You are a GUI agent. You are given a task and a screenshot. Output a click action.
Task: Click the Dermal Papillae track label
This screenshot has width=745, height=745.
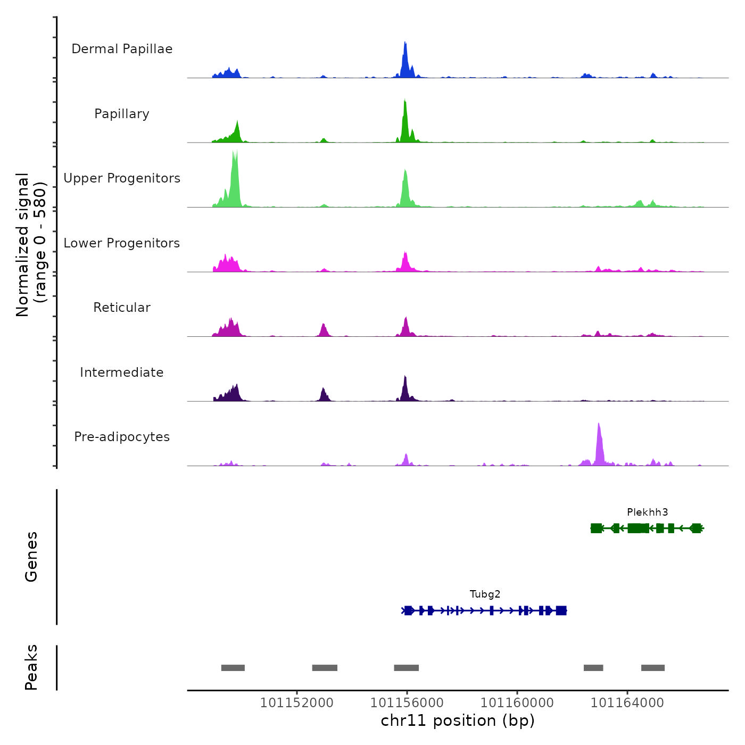122,49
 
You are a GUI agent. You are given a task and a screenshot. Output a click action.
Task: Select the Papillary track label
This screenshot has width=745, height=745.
122,114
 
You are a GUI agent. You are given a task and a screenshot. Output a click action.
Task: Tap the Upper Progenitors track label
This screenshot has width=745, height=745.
122,178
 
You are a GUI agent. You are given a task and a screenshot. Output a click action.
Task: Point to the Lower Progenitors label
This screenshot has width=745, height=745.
122,243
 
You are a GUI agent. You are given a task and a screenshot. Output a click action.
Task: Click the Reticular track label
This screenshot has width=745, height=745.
122,308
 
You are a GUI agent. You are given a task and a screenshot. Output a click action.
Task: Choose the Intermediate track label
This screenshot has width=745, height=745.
122,372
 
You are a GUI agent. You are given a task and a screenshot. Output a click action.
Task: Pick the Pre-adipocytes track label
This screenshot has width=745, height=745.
122,437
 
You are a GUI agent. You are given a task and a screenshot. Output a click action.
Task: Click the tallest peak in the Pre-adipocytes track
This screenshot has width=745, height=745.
599,426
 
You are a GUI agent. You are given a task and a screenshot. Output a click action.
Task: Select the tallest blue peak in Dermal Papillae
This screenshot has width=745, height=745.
405,44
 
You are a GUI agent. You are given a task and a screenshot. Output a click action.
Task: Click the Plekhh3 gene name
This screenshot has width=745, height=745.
647,512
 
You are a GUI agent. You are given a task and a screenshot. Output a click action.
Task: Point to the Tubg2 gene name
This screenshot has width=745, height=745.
485,594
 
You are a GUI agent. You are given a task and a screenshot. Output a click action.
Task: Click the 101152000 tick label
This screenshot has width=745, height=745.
296,703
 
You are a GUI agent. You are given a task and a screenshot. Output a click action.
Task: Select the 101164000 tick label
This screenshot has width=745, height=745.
627,703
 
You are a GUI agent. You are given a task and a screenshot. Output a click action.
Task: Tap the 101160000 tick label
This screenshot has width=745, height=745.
517,703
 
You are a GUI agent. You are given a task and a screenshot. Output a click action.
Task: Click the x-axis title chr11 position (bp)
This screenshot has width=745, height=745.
458,721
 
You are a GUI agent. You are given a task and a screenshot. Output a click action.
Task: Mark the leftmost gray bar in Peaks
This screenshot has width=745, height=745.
233,668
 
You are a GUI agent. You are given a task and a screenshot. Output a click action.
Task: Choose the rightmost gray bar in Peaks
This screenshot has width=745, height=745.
652,668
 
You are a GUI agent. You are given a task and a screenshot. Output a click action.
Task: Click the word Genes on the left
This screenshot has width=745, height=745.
31,557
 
